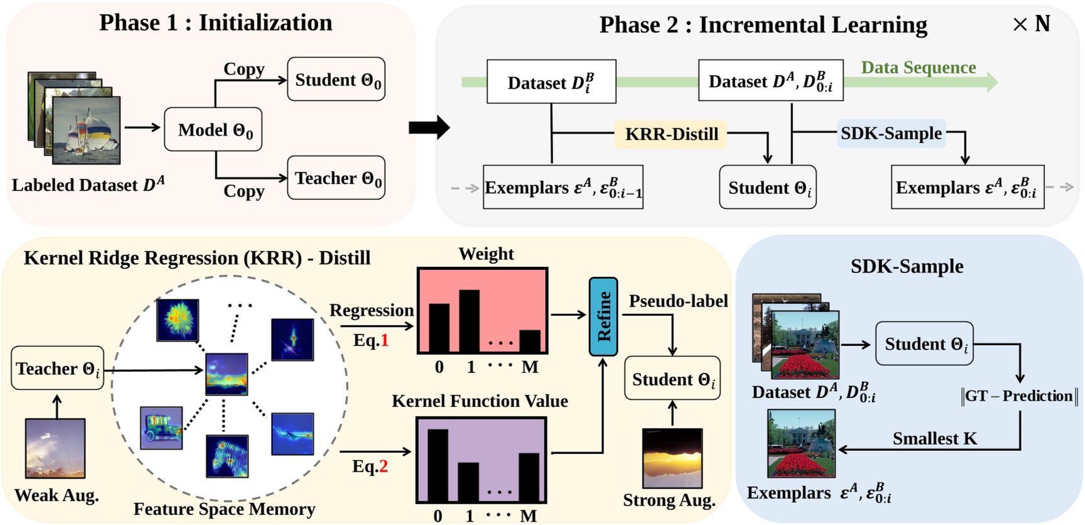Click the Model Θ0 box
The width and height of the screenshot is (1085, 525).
[213, 129]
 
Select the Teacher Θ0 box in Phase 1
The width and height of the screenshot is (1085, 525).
[336, 178]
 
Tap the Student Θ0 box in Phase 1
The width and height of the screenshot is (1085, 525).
[336, 80]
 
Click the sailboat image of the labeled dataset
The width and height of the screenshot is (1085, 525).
[86, 130]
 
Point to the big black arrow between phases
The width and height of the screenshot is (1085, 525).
[429, 127]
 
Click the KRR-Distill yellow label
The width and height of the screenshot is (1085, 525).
[671, 134]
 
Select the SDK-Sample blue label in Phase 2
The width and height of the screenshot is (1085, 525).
[891, 133]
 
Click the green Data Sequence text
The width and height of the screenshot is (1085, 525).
[918, 67]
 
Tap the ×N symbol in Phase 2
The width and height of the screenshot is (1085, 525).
[1032, 24]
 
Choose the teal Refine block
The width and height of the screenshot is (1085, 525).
[603, 317]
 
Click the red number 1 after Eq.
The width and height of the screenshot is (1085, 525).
[385, 340]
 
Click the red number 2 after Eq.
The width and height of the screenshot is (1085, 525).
[383, 466]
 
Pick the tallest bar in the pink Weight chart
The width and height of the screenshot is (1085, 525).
[470, 320]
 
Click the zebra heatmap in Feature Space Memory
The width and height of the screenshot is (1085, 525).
[227, 455]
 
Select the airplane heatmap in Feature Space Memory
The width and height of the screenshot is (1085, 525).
[293, 433]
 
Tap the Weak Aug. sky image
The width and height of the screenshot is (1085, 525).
[55, 448]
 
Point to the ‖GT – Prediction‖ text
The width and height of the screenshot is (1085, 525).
[1018, 396]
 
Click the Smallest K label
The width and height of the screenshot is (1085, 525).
[934, 438]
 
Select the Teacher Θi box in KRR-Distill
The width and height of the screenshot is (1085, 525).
[58, 368]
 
